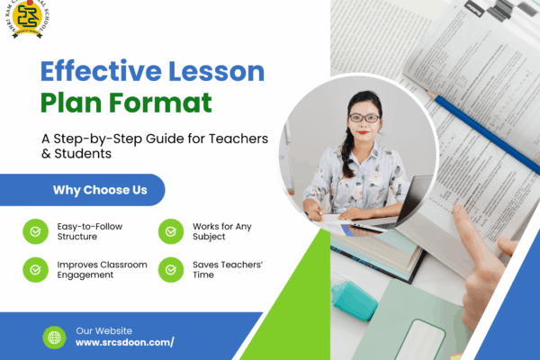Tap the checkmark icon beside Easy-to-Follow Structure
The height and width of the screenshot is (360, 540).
coord(35,231)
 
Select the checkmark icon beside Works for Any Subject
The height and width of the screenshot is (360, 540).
coord(170,231)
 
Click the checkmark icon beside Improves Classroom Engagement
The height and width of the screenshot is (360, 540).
coord(35,269)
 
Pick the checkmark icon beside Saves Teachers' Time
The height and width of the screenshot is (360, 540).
coord(170,269)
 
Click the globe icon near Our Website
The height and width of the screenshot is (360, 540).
coord(54,337)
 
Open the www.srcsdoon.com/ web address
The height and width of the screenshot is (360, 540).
coord(124,343)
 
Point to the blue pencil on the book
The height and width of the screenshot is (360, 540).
coord(486,126)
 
